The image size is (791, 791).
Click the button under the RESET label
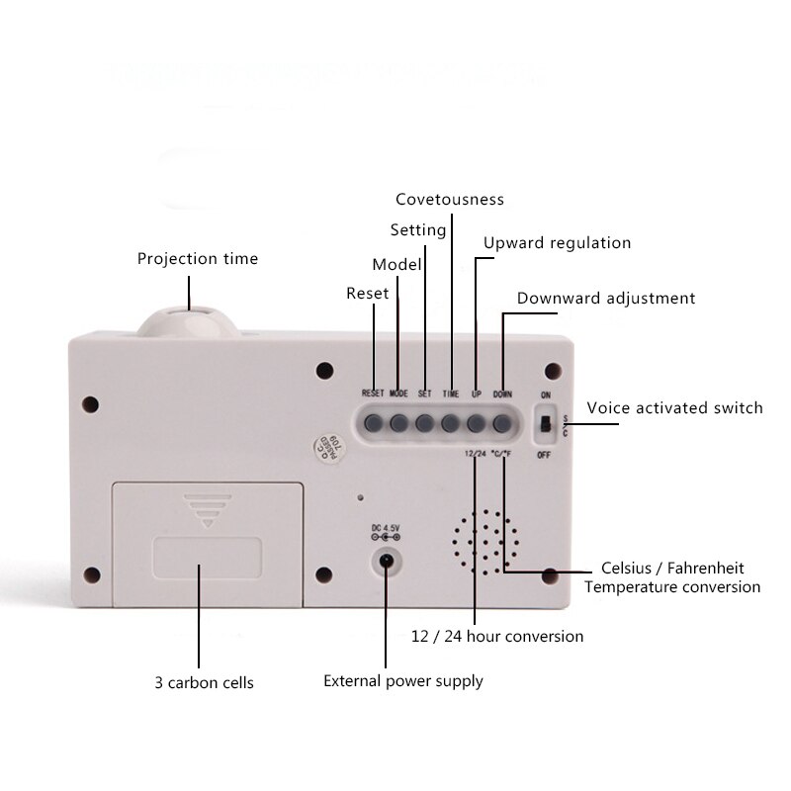pyautogui.click(x=374, y=423)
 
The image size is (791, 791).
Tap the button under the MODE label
pyautogui.click(x=399, y=423)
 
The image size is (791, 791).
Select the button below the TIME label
pyautogui.click(x=451, y=423)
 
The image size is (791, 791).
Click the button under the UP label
pyautogui.click(x=477, y=423)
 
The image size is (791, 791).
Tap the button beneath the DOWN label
pyautogui.click(x=502, y=423)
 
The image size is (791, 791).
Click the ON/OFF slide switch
pyautogui.click(x=544, y=424)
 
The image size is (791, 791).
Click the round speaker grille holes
pyautogui.click(x=485, y=544)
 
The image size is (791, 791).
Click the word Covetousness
pyautogui.click(x=450, y=200)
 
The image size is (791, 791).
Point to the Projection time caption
pyautogui.click(x=198, y=259)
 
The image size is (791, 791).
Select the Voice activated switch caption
pyautogui.click(x=675, y=407)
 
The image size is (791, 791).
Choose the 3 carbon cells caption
pyautogui.click(x=205, y=683)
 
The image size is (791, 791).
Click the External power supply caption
pyautogui.click(x=403, y=681)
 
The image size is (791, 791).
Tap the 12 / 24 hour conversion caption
pyautogui.click(x=497, y=636)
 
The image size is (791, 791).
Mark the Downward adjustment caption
pyautogui.click(x=606, y=299)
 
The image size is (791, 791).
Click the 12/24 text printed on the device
pyautogui.click(x=475, y=455)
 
